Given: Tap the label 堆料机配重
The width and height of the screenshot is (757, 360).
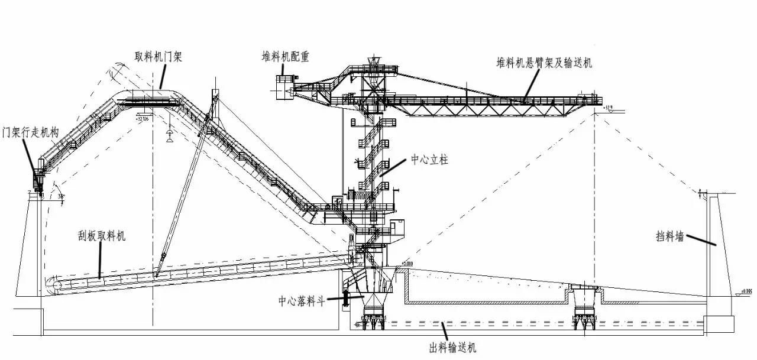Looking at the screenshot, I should click(x=286, y=57).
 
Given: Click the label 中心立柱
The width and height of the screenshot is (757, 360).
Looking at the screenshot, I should click(x=429, y=161).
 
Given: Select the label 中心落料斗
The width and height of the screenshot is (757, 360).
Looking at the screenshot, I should click(x=302, y=300).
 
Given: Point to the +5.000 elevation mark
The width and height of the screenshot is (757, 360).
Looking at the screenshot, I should click(x=406, y=263).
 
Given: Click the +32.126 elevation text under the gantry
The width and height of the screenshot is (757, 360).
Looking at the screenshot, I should click(x=142, y=118).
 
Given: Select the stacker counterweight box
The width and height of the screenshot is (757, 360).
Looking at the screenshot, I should click(x=283, y=84).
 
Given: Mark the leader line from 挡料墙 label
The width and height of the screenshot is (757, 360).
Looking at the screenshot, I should click(x=701, y=241).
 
